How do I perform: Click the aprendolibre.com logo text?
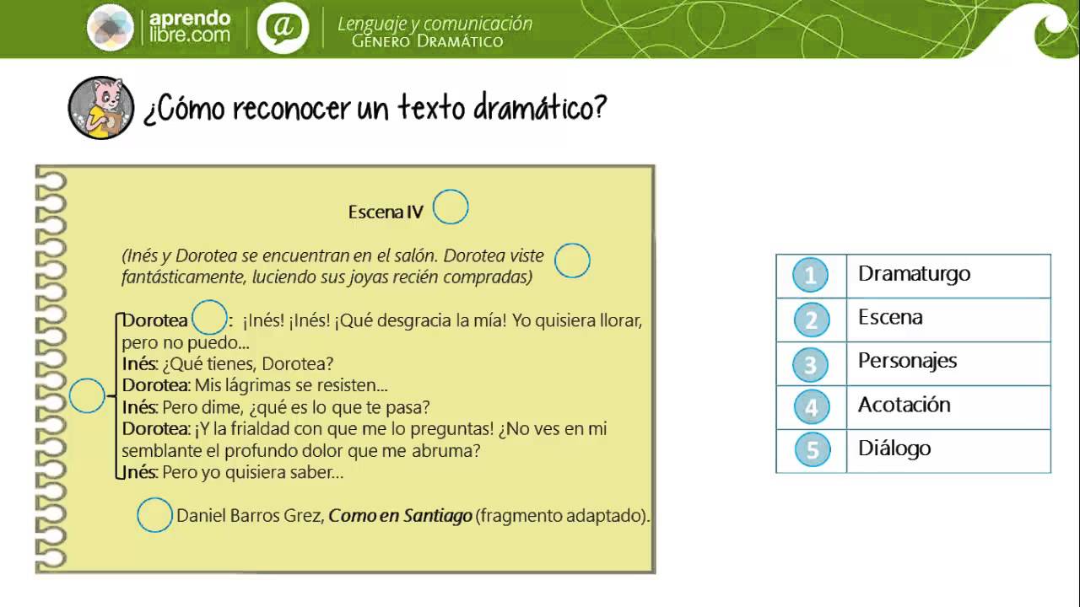pos(189,27)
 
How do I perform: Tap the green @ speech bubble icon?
pos(283,28)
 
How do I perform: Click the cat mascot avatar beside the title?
pos(101,108)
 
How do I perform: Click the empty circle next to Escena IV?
pos(451,207)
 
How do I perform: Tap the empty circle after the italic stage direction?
pos(572,261)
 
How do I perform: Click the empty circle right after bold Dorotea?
pos(210,319)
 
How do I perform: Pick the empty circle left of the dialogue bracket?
pos(87,396)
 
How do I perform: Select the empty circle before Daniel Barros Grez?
pos(155,515)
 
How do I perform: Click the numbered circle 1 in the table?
pos(811,276)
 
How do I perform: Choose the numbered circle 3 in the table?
pos(811,364)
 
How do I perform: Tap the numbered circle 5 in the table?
pos(811,450)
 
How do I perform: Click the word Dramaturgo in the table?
pos(914,274)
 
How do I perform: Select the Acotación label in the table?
pos(904,405)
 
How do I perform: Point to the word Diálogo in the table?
pos(894,449)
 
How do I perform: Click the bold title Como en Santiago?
pos(400,515)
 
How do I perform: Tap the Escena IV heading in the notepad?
pos(386,212)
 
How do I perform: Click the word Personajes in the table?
pos(907,361)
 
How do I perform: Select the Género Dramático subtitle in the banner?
pos(427,41)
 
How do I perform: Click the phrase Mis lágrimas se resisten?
pos(291,386)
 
